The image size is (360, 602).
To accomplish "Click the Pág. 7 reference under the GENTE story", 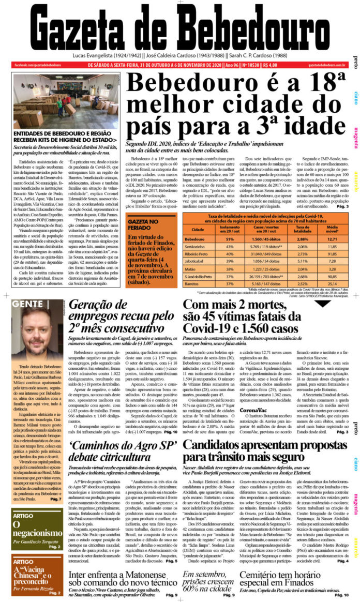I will [x=56, y=499].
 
